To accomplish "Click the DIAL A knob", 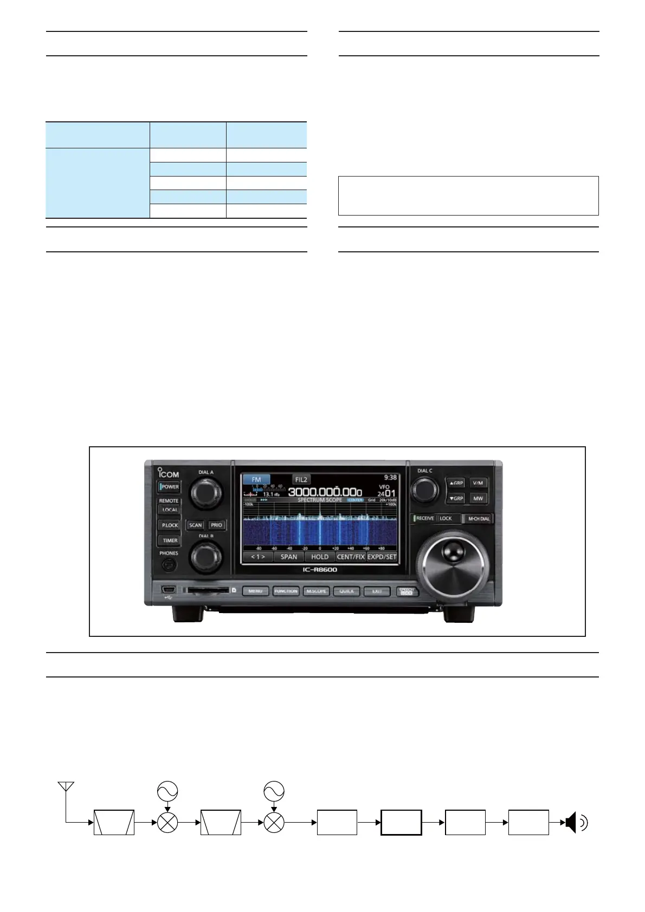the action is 205,492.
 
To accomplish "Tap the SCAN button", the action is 195,525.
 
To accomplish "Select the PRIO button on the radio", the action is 216,525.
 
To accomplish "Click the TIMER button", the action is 170,540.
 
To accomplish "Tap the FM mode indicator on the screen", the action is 256,479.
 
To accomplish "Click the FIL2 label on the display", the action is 301,479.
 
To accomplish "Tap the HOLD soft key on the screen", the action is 320,557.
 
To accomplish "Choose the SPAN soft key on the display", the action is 289,557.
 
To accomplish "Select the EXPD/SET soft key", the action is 382,557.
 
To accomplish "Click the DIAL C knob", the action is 424,490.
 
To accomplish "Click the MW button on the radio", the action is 478,498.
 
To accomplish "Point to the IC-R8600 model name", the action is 320,570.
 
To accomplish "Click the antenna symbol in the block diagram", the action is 66,787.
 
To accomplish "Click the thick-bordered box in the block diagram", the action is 401,823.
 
